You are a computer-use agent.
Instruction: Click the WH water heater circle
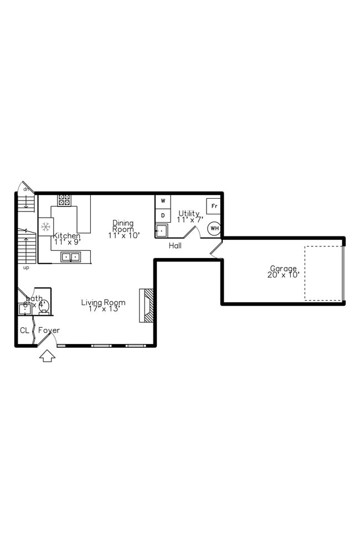pyautogui.click(x=214, y=228)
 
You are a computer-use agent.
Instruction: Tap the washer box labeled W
pyautogui.click(x=163, y=200)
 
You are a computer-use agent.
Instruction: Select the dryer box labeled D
pyautogui.click(x=163, y=215)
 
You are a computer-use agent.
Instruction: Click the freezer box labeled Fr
pyautogui.click(x=213, y=206)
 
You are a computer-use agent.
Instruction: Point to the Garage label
pyautogui.click(x=283, y=269)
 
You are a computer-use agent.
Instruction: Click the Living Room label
pyautogui.click(x=103, y=302)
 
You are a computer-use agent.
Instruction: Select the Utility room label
pyautogui.click(x=189, y=213)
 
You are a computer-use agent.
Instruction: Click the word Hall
pyautogui.click(x=175, y=245)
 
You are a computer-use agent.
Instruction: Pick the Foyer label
pyautogui.click(x=49, y=331)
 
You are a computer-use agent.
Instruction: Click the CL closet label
pyautogui.click(x=24, y=331)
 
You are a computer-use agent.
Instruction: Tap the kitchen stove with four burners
pyautogui.click(x=64, y=199)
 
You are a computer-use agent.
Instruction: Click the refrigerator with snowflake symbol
pyautogui.click(x=45, y=227)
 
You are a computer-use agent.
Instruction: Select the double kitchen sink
pyautogui.click(x=70, y=256)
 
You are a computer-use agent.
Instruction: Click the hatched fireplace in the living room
pyautogui.click(x=146, y=305)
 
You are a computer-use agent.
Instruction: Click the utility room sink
pyautogui.click(x=161, y=230)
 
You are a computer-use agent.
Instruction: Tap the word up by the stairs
pyautogui.click(x=26, y=268)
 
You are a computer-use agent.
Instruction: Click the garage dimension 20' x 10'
pyautogui.click(x=283, y=275)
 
